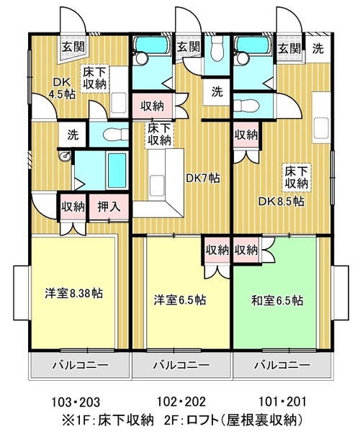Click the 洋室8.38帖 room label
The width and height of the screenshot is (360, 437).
pos(73,294)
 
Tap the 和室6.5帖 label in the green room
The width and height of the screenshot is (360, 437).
pos(277,301)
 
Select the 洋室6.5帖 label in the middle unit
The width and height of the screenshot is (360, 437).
pos(180,300)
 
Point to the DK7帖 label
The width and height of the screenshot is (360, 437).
pos(202,178)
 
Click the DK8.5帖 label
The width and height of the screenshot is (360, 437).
pos(281,201)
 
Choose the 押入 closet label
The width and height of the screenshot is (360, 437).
pos(109,207)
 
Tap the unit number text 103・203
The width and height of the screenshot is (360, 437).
pos(76,402)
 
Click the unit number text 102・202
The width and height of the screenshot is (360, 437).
pos(181,402)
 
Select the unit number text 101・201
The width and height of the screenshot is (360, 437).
pos(282,402)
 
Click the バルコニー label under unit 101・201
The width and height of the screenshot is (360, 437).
pos(282,365)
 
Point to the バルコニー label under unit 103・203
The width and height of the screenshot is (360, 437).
pos(81,365)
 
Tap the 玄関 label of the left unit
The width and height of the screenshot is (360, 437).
pos(73,47)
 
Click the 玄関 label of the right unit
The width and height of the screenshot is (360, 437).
pos(289,49)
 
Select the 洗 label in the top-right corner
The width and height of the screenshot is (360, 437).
pos(318,48)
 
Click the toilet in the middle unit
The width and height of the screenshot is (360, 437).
pos(217,48)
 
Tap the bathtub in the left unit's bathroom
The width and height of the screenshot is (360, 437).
pos(117,170)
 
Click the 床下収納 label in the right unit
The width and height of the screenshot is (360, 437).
pos(296,177)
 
